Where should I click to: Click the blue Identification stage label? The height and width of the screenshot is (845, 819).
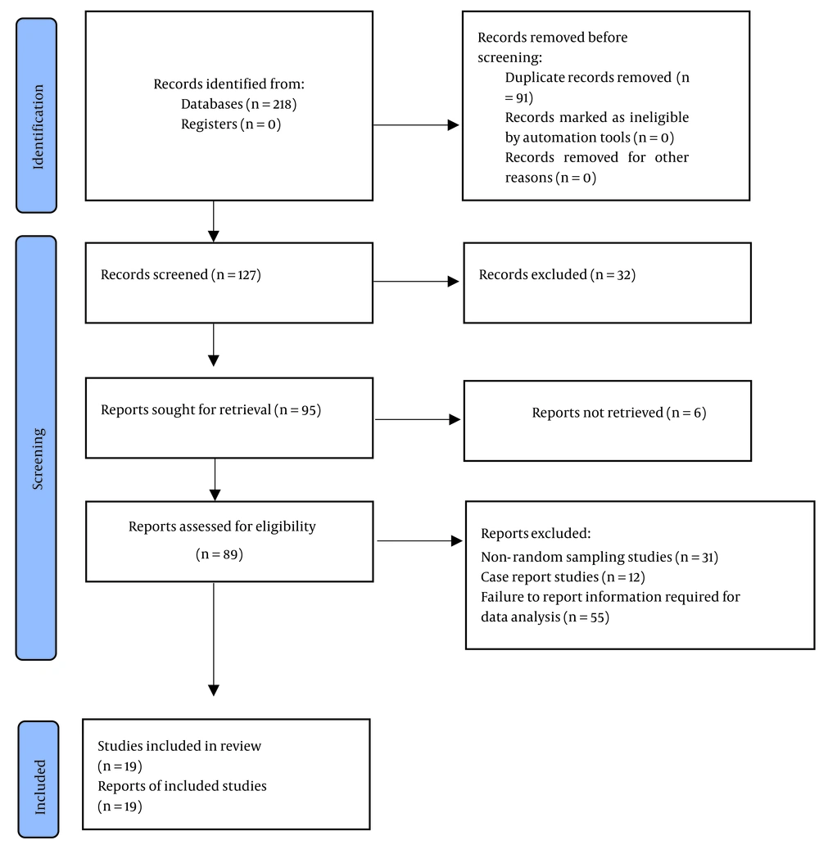tap(37, 115)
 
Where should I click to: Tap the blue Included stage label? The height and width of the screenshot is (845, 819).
tap(38, 779)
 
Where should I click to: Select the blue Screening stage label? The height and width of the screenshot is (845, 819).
tap(36, 448)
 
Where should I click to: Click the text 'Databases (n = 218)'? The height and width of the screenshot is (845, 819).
tap(239, 104)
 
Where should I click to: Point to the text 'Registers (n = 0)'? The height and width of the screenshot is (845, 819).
tap(231, 124)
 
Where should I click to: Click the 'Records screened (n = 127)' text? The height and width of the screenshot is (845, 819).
tap(181, 275)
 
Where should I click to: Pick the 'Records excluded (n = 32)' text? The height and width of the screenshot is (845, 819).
tap(557, 275)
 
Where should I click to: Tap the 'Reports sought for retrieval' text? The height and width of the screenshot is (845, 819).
tap(186, 409)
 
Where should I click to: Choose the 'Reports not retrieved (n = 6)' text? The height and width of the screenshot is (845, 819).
tap(619, 413)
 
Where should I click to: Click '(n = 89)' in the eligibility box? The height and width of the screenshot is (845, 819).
tap(219, 554)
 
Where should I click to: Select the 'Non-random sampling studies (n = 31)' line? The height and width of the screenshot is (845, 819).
tap(600, 557)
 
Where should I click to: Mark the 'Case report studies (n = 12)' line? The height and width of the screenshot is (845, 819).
tap(563, 577)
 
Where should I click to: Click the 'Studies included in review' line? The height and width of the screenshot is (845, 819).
tap(179, 746)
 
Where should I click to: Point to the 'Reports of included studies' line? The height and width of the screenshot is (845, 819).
tap(183, 786)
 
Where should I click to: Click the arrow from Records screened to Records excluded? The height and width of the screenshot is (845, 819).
tap(416, 282)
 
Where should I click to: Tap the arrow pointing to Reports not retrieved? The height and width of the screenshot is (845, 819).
tap(418, 419)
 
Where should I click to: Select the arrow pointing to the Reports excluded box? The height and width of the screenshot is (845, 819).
tap(420, 540)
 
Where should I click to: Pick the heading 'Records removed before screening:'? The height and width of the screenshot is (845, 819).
tap(553, 47)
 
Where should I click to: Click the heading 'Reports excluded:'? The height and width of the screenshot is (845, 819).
tap(536, 534)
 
